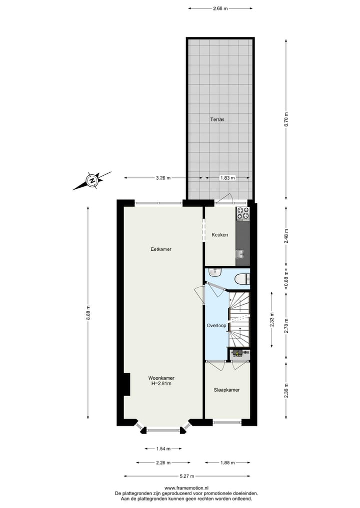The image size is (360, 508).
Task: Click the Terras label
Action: (x=217, y=120)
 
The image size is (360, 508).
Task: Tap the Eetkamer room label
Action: (x=161, y=249)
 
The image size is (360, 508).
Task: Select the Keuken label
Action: (x=220, y=235)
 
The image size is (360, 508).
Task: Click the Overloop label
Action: (x=217, y=326)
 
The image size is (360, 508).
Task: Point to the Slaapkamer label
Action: (x=227, y=390)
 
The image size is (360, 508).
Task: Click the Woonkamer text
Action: (x=161, y=378)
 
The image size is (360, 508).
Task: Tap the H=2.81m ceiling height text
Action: (x=161, y=384)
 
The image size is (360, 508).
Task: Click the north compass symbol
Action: (x=92, y=180)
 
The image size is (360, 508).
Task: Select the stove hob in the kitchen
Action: (x=242, y=214)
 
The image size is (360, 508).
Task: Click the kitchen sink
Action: (x=241, y=255)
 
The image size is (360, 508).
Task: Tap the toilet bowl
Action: (x=242, y=279)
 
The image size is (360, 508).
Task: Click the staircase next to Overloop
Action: (x=239, y=320)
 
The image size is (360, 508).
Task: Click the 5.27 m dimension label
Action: (x=187, y=476)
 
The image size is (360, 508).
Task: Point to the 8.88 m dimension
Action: (x=88, y=313)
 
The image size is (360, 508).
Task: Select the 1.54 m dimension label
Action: (x=163, y=449)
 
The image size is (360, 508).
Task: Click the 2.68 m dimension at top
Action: (x=220, y=8)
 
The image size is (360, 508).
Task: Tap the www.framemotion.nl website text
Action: (x=186, y=488)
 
